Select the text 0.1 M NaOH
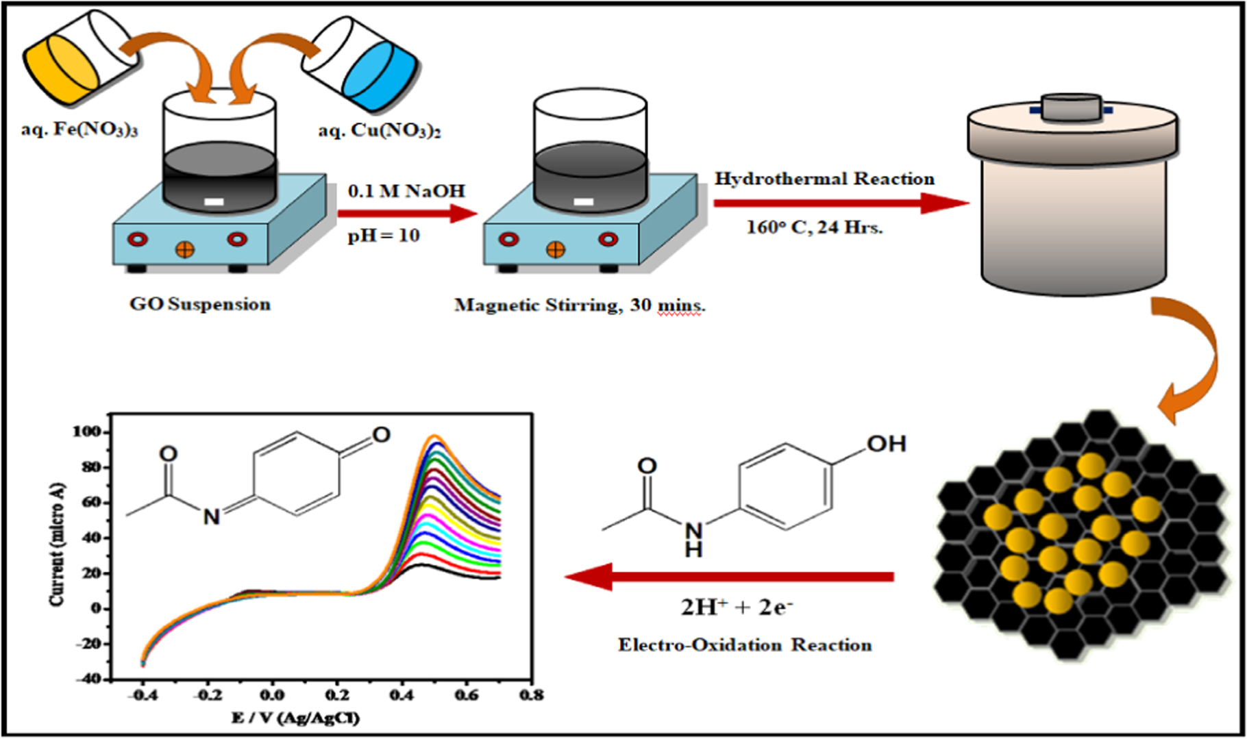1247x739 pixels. [406, 191]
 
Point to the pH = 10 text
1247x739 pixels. [384, 236]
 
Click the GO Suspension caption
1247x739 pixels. [200, 304]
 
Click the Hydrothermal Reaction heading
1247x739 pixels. [825, 179]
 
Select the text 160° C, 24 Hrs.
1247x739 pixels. [815, 227]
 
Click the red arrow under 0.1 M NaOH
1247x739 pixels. [407, 213]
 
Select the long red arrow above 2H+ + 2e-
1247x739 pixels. [730, 577]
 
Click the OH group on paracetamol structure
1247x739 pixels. [886, 444]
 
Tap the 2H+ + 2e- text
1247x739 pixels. [737, 607]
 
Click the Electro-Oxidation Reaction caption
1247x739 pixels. [745, 645]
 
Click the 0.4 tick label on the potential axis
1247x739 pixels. [402, 695]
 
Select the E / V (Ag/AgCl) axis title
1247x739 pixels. [296, 718]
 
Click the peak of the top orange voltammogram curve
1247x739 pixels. [434, 436]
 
